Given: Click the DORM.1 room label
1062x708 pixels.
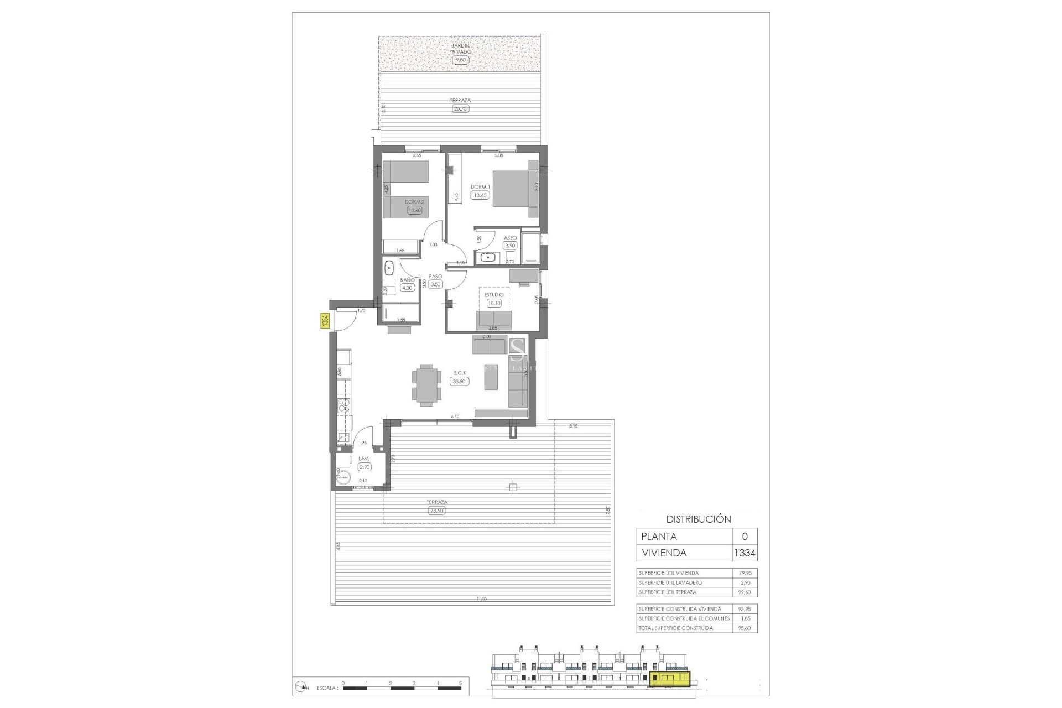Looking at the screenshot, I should (x=480, y=186).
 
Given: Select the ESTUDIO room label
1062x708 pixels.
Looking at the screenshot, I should (x=494, y=295).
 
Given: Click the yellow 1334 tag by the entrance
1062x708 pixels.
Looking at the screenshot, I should (x=325, y=321).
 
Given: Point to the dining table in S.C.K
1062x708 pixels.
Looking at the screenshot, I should (x=426, y=385).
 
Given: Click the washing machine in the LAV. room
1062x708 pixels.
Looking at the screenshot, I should (x=343, y=477).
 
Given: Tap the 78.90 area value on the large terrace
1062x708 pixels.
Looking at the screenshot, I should (x=436, y=511).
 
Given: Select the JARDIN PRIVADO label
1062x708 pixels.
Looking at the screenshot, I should (x=461, y=49).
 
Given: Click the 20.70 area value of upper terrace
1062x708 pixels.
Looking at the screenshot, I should (x=460, y=109).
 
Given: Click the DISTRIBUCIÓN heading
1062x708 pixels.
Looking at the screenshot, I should (x=698, y=519).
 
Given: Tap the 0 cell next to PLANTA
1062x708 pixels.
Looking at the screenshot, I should (x=745, y=537).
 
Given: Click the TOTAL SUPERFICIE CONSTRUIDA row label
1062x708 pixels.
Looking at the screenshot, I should (x=675, y=628).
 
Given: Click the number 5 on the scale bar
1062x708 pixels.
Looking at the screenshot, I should (x=460, y=683).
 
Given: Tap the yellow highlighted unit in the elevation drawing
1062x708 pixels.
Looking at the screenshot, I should (x=670, y=679).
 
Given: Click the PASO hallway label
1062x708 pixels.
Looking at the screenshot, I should (x=435, y=276).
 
